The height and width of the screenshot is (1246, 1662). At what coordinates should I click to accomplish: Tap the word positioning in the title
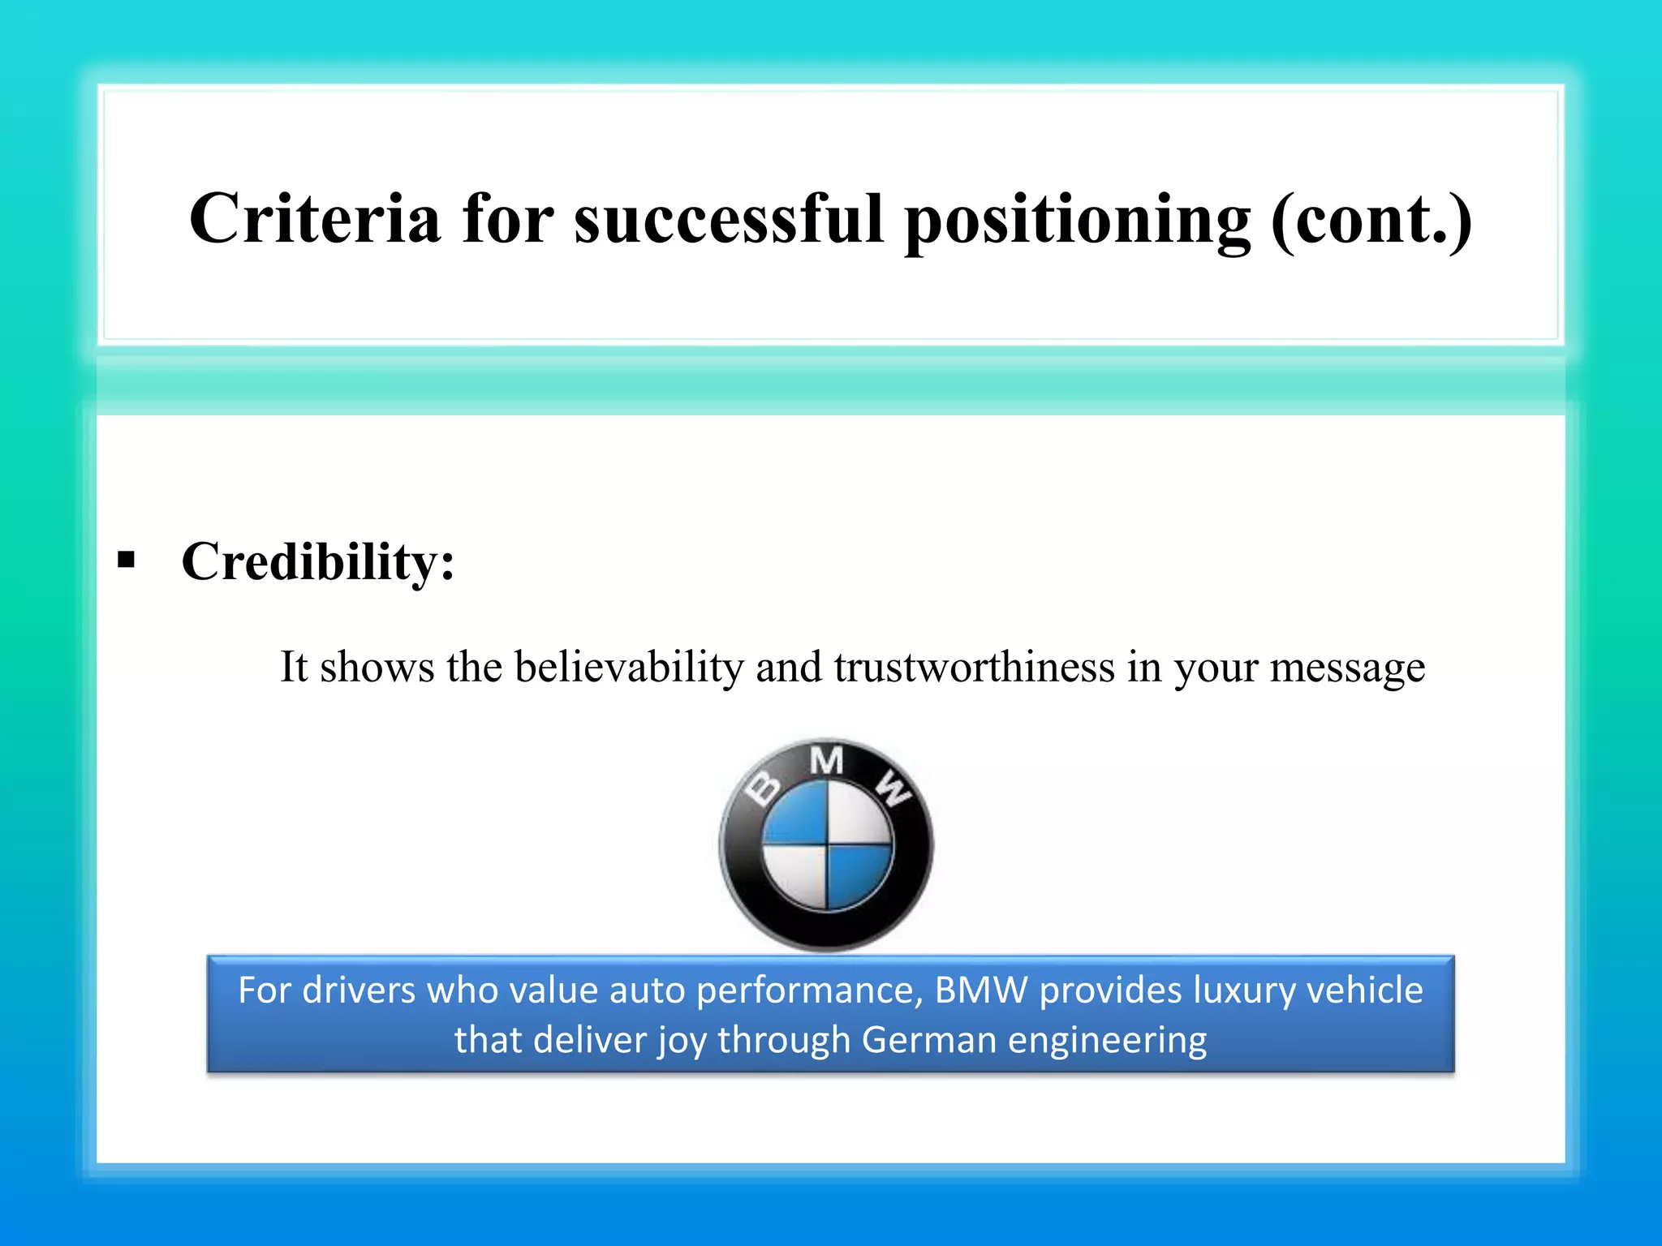(x=1078, y=221)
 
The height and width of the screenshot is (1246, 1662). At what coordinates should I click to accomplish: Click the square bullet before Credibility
(x=126, y=560)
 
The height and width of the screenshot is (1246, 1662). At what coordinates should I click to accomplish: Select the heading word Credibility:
(x=318, y=561)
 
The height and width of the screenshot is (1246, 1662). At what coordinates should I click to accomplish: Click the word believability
(x=629, y=668)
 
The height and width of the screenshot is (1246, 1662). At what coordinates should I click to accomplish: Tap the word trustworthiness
(x=974, y=667)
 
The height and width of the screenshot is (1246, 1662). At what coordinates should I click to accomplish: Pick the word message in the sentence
(x=1347, y=668)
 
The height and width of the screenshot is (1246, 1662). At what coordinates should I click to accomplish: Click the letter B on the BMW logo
(x=764, y=788)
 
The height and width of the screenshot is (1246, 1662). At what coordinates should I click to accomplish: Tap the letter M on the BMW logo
(x=826, y=761)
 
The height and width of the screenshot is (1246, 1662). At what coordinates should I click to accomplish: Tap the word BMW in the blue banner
(x=981, y=990)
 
